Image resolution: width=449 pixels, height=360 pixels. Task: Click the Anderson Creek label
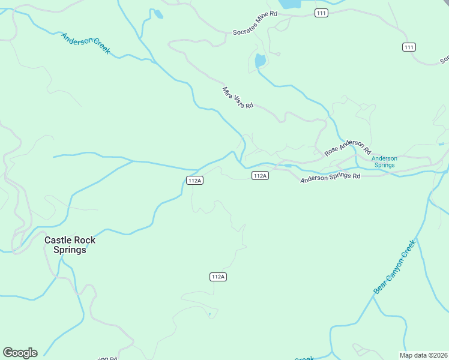click(x=86, y=43)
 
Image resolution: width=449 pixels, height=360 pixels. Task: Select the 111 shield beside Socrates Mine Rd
click(x=322, y=13)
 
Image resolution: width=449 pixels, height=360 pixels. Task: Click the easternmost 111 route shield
click(x=409, y=47)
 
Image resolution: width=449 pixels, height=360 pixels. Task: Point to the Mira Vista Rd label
click(x=238, y=97)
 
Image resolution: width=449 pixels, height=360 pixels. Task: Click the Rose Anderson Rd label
click(x=348, y=148)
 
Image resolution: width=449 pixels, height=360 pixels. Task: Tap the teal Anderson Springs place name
click(x=384, y=161)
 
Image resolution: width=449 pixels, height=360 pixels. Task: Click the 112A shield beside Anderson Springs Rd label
click(x=259, y=175)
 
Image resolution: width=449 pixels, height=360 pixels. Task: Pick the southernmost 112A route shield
click(x=218, y=277)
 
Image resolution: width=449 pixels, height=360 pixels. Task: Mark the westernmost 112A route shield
click(x=194, y=180)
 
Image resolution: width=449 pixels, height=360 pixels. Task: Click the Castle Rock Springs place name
click(x=70, y=245)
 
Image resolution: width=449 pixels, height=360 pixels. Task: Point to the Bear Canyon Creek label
click(x=394, y=267)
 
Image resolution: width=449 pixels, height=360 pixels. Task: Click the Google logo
click(x=20, y=353)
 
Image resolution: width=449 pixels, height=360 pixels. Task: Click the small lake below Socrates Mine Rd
click(x=260, y=61)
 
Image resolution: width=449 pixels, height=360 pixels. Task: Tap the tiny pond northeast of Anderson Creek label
click(x=158, y=14)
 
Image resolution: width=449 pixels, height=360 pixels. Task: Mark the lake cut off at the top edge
click(x=291, y=4)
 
